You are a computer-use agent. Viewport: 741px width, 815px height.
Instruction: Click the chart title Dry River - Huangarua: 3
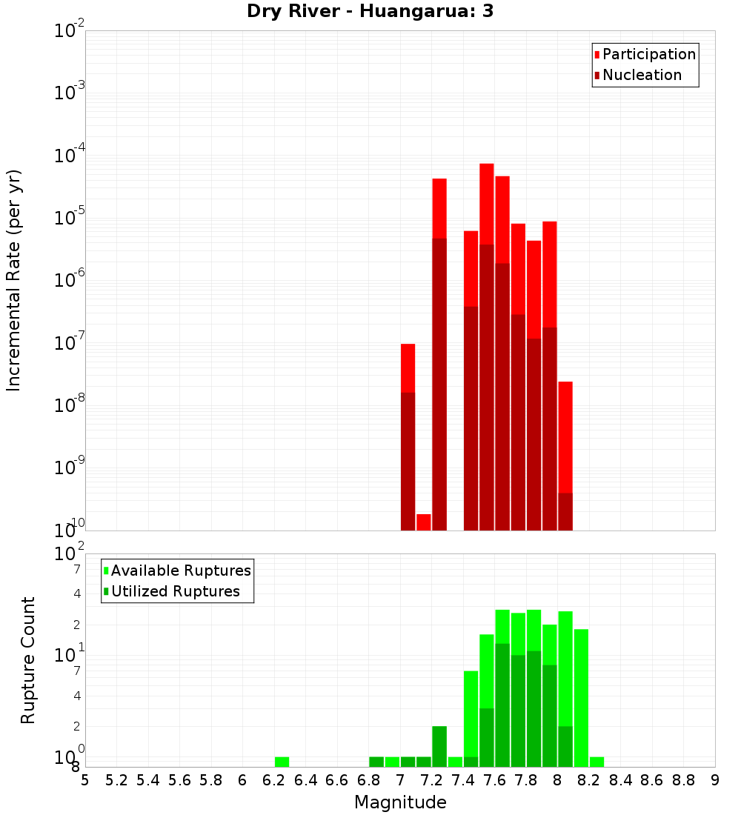370,11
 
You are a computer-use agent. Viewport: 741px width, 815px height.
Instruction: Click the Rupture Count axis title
28,659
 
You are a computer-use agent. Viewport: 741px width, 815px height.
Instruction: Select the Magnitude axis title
400,802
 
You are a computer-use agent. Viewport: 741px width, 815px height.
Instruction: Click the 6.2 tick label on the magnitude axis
273,780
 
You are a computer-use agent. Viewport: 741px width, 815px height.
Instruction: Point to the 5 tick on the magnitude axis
85,780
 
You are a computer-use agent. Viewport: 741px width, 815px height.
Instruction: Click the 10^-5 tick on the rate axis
70,217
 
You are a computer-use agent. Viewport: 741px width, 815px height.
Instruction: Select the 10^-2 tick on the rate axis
70,30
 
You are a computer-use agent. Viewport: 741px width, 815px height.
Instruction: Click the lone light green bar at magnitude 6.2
282,762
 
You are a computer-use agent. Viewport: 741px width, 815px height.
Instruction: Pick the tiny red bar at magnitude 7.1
424,522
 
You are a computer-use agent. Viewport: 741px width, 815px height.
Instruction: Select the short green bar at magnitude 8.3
597,762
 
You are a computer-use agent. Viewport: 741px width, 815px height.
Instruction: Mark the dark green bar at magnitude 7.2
439,746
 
